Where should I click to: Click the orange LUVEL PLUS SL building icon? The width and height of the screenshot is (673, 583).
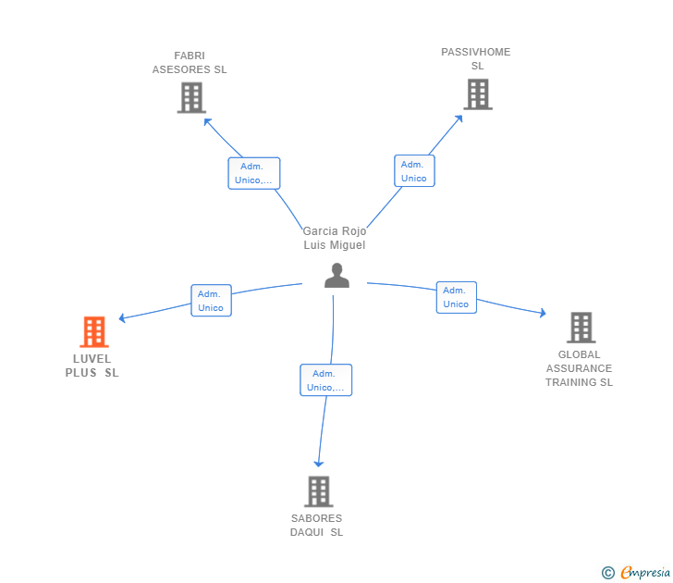94,331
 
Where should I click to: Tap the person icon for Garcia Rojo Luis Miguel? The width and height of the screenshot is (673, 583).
336,276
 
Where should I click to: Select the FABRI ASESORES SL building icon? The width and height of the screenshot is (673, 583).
190,97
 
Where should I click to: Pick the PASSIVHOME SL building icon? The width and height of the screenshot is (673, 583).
477,93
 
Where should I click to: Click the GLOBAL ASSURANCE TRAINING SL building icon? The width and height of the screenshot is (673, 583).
581,327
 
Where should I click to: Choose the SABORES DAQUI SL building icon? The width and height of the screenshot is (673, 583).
318,491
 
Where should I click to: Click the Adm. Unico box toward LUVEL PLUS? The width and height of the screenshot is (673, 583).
211,300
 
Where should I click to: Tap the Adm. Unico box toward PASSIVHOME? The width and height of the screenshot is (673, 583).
414,170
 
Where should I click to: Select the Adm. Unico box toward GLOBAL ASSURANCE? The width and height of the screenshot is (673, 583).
456,297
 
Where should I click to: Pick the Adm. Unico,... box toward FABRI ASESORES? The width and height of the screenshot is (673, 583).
253,173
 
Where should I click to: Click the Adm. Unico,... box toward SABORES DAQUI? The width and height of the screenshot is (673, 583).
325,380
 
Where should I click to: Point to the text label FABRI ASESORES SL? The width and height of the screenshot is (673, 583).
190,63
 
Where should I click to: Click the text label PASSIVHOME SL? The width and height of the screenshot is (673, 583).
476,58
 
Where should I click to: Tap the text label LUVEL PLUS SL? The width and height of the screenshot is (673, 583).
92,366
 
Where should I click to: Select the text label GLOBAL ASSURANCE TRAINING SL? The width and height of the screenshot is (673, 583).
579,368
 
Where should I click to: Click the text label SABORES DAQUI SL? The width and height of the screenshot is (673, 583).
316,525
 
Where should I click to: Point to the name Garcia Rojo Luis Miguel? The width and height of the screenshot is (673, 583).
335,238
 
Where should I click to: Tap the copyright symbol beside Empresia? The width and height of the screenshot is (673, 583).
607,573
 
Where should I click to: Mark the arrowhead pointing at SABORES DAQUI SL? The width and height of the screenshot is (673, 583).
319,463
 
